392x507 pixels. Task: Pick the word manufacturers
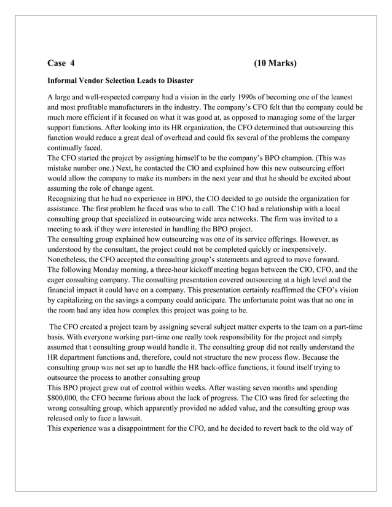pyautogui.click(x=130, y=107)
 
